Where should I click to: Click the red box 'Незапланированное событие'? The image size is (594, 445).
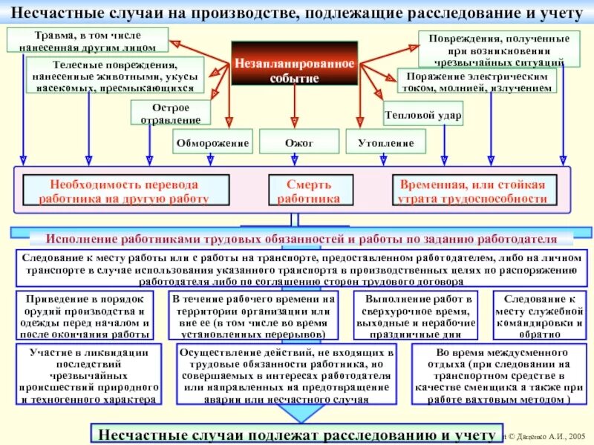click(295, 70)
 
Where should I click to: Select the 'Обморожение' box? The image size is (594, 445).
click(213, 141)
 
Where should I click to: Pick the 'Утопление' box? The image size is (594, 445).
click(385, 141)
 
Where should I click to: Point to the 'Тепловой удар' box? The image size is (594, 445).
click(423, 116)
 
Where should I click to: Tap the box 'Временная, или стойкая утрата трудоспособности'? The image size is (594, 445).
click(472, 191)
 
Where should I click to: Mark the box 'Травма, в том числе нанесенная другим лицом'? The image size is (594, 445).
click(87, 40)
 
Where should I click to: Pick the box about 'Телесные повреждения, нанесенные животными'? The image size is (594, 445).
click(114, 76)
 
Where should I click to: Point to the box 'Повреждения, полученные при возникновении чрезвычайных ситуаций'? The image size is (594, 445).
click(495, 49)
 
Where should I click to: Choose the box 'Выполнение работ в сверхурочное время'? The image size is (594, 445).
click(415, 315)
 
